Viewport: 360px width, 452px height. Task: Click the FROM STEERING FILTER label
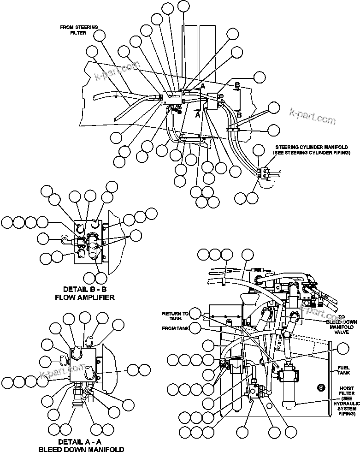click(79, 30)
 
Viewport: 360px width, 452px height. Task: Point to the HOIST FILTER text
click(347, 392)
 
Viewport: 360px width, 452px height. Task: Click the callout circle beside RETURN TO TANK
click(195, 314)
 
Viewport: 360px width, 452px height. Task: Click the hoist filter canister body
click(290, 387)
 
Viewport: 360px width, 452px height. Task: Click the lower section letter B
click(239, 114)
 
